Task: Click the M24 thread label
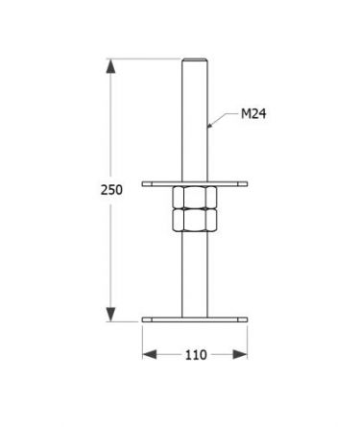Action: click(253, 114)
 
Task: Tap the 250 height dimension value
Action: click(111, 190)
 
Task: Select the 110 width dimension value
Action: click(196, 355)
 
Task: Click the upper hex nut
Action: click(195, 198)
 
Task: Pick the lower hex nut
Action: click(195, 220)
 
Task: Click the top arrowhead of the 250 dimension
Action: click(110, 66)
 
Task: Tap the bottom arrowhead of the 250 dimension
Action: click(110, 314)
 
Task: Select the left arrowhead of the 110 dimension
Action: click(150, 354)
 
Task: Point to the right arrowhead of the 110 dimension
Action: click(240, 354)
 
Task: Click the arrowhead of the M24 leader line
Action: click(210, 125)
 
